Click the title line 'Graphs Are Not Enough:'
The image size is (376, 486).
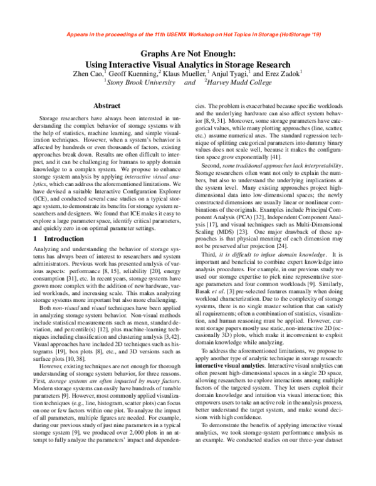187,54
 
